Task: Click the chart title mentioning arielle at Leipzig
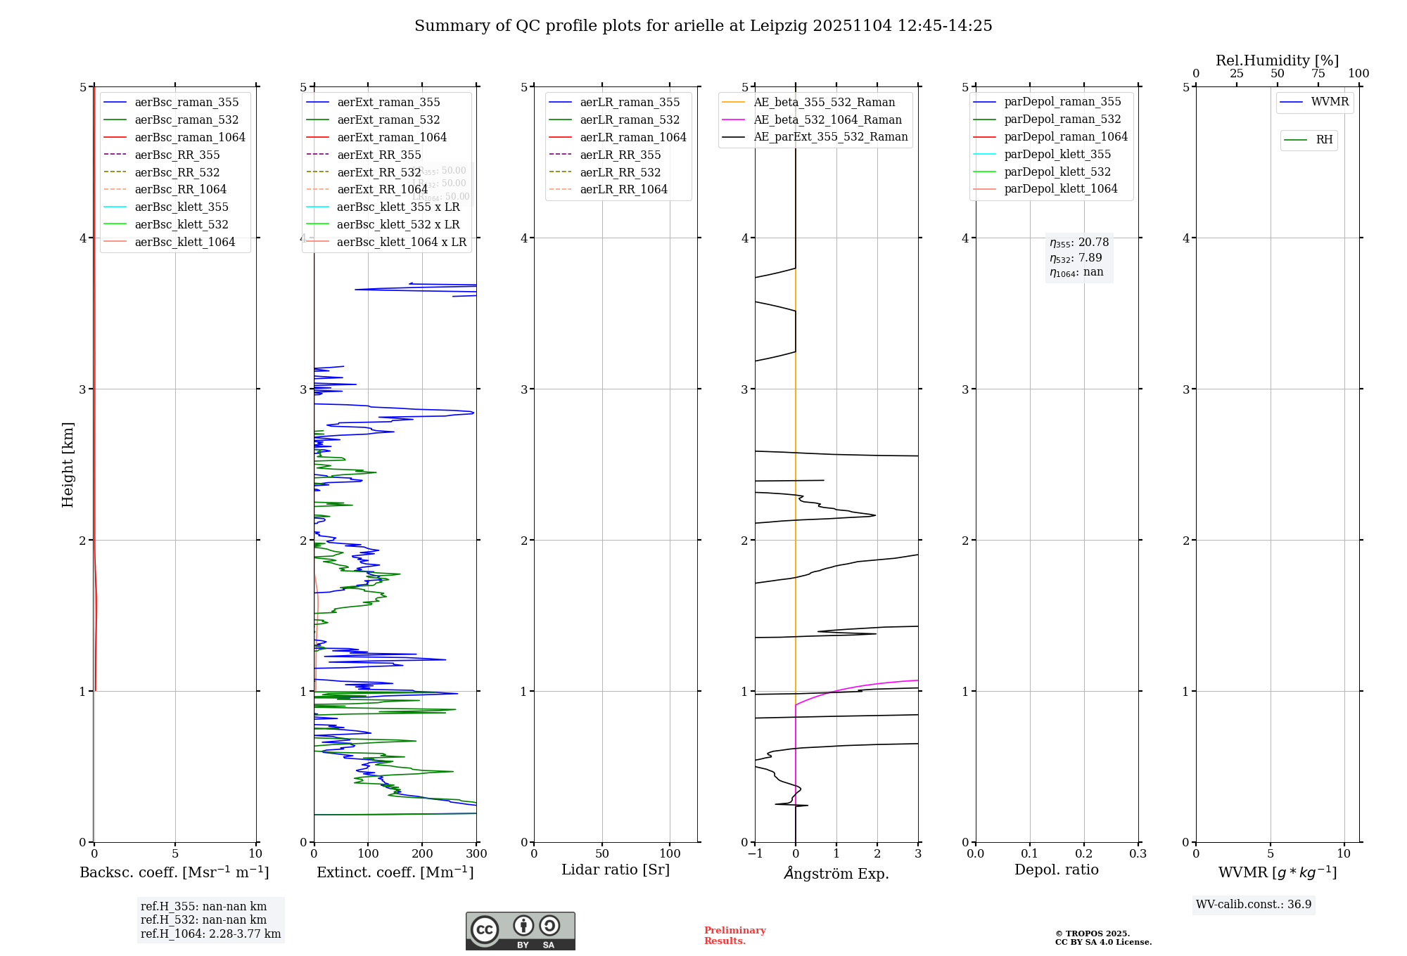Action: [703, 26]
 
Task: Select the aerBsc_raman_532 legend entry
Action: [186, 120]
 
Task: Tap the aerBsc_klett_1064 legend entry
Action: [185, 243]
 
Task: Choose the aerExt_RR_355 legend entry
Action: [379, 155]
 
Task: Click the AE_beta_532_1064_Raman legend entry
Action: [827, 120]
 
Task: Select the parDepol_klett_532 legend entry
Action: [1057, 172]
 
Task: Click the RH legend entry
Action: [1324, 141]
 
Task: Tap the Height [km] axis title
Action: [68, 465]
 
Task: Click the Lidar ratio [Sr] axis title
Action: [616, 870]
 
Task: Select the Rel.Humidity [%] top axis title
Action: [1277, 61]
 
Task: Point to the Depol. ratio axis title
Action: [1056, 870]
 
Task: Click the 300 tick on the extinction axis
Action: [476, 854]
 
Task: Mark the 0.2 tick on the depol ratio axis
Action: [1084, 854]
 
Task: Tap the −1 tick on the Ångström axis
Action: [755, 854]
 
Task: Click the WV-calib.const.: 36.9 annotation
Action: [1254, 905]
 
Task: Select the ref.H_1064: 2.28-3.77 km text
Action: [210, 934]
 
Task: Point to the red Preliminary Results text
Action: [734, 936]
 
